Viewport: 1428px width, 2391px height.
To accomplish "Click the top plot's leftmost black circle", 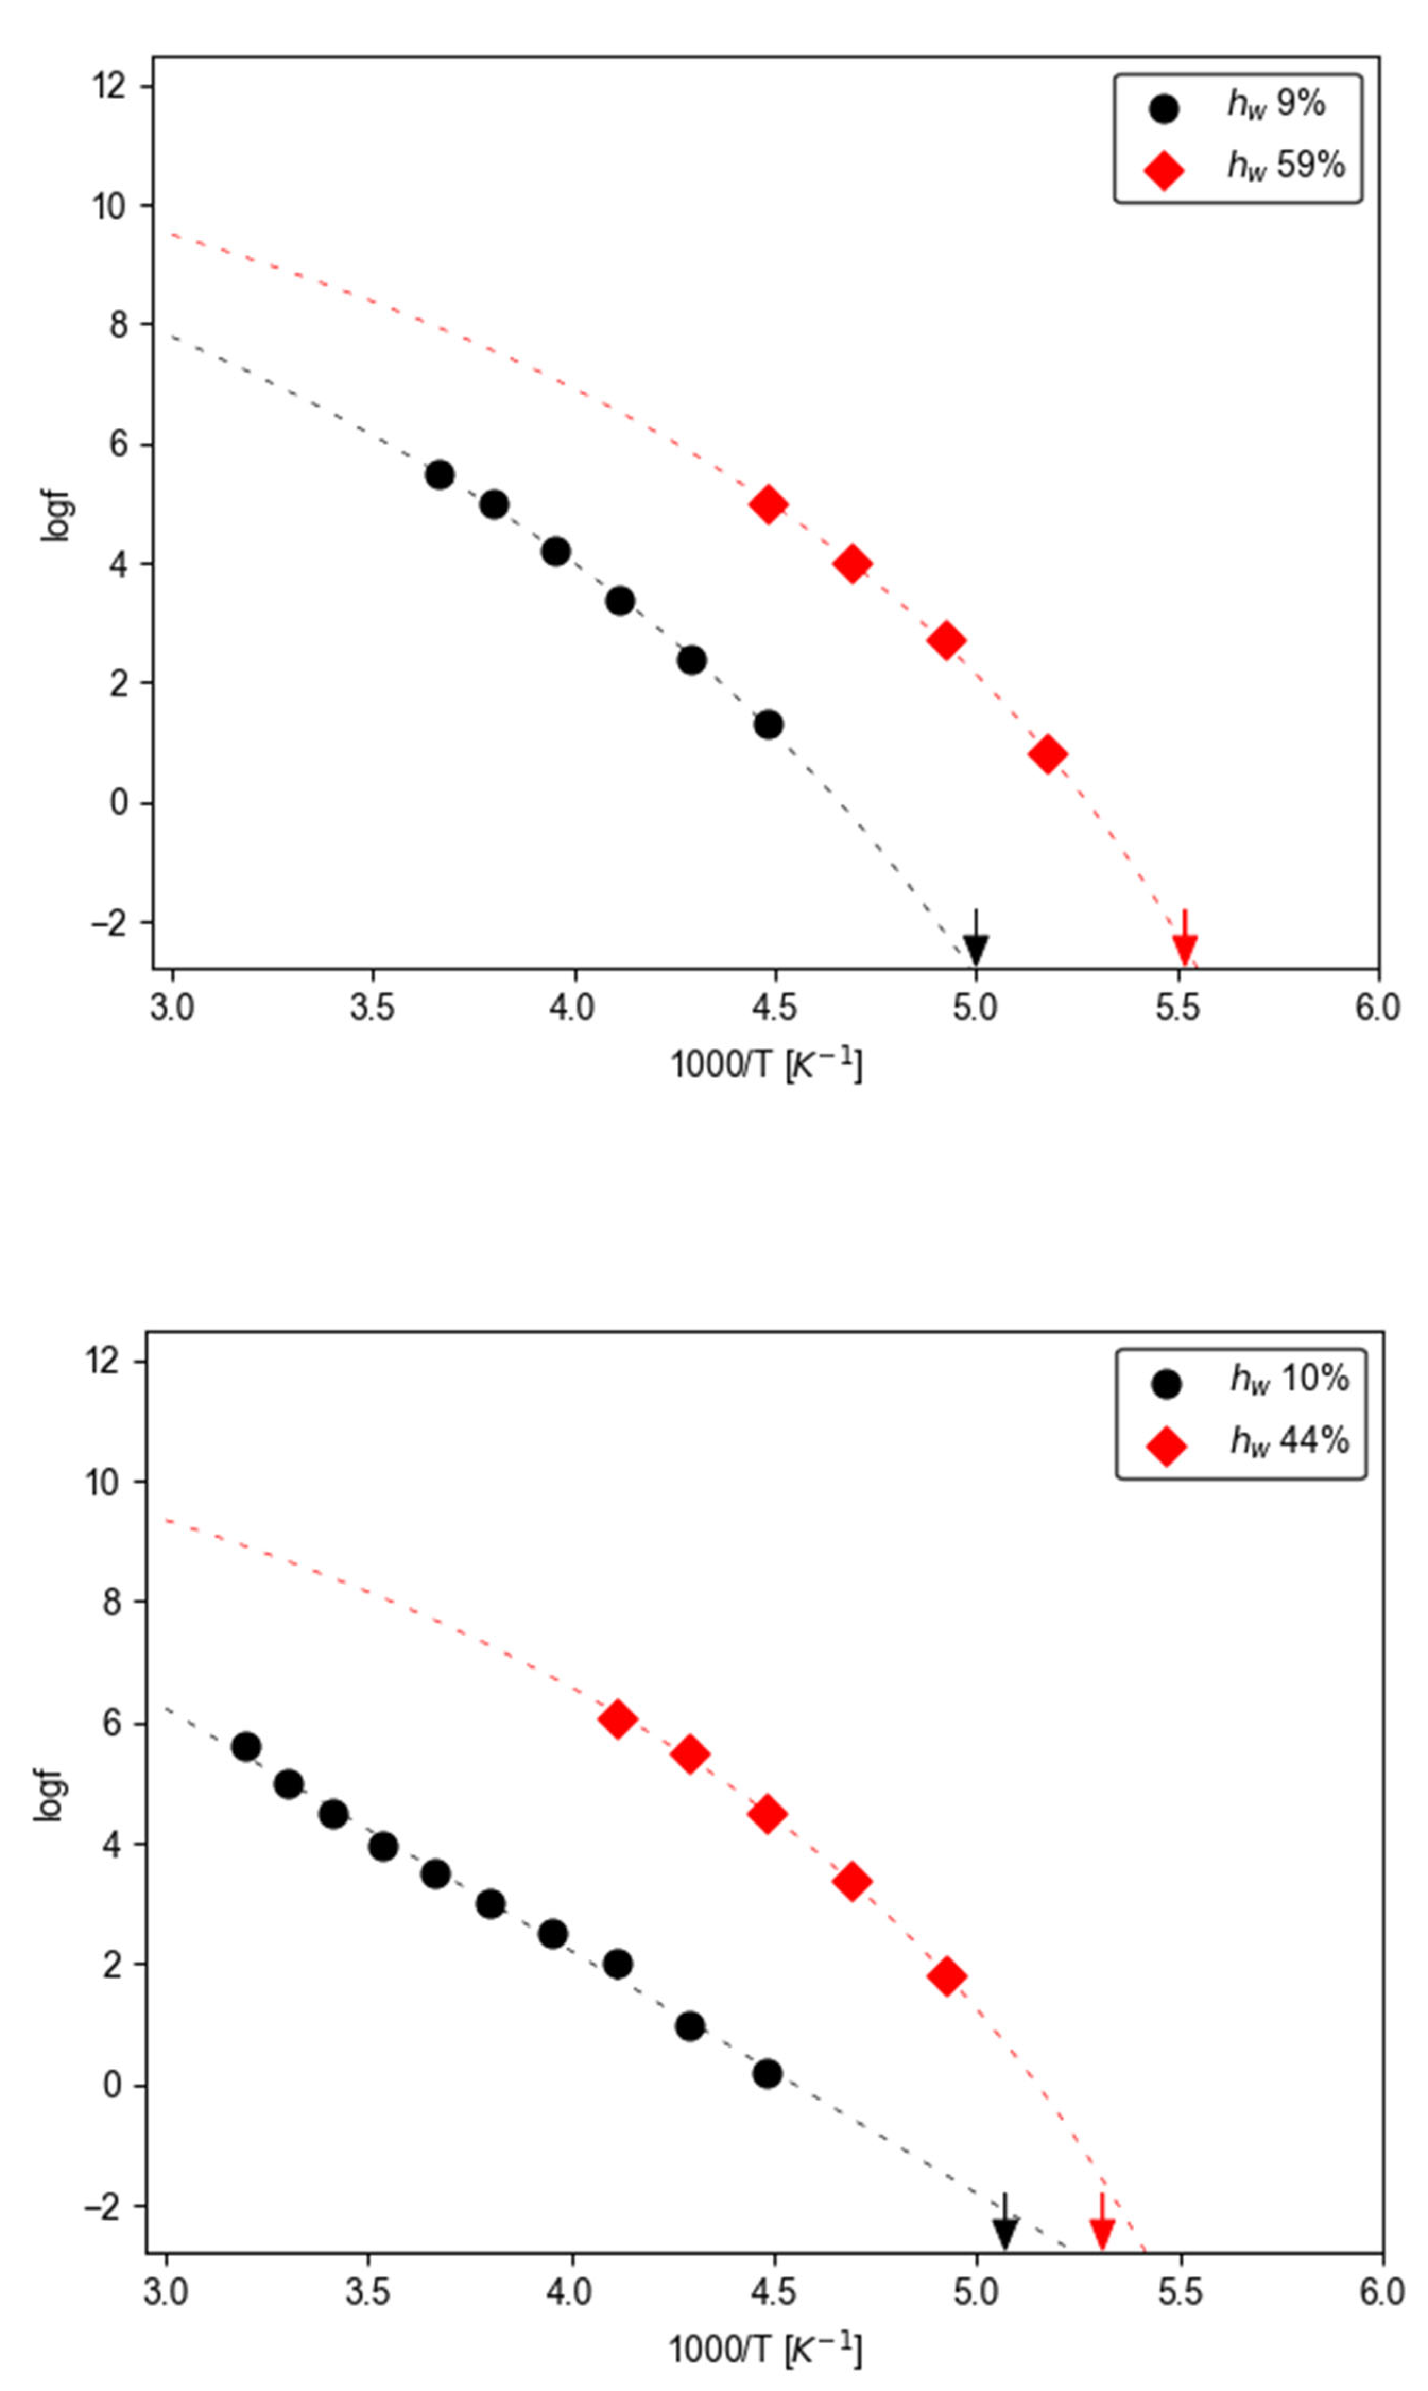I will tap(440, 475).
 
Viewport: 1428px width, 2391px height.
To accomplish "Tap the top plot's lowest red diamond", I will tap(1047, 754).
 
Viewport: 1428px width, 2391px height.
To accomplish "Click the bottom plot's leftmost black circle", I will tap(246, 1747).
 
